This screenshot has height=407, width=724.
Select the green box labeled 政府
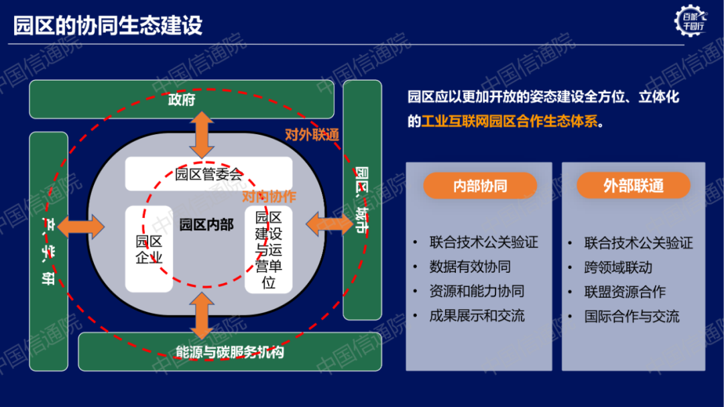pyautogui.click(x=182, y=100)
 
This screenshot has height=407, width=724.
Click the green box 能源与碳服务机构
pyautogui.click(x=230, y=351)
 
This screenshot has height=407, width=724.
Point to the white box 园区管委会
pyautogui.click(x=208, y=174)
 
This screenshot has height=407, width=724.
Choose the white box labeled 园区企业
pyautogui.click(x=149, y=249)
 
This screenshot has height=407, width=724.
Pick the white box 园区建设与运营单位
pyautogui.click(x=268, y=249)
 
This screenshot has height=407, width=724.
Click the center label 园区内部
pyautogui.click(x=206, y=225)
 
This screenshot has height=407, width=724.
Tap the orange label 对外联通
pyautogui.click(x=312, y=134)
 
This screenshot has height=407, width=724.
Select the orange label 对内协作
pyautogui.click(x=269, y=196)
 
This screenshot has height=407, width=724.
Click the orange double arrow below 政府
pyautogui.click(x=202, y=135)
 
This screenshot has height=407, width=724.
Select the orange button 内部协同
pyautogui.click(x=480, y=186)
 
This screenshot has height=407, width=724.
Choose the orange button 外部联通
pyautogui.click(x=633, y=186)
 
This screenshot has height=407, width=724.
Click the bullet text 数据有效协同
pyautogui.click(x=470, y=267)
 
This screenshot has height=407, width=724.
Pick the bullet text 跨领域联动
pyautogui.click(x=618, y=268)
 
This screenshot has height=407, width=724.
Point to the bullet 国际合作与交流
pyautogui.click(x=631, y=316)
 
